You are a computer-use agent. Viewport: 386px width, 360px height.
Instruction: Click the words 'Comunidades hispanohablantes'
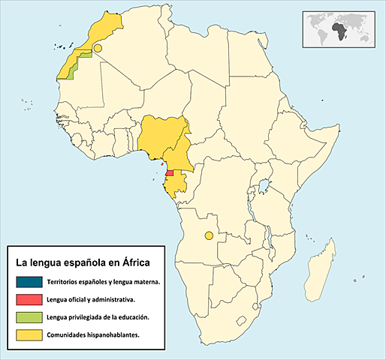click(x=92, y=334)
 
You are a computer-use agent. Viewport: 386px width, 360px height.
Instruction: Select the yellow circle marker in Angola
click(x=209, y=236)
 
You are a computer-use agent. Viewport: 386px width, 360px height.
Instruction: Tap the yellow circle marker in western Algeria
click(x=98, y=46)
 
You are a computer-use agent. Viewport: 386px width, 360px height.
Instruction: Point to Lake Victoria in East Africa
click(x=264, y=184)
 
